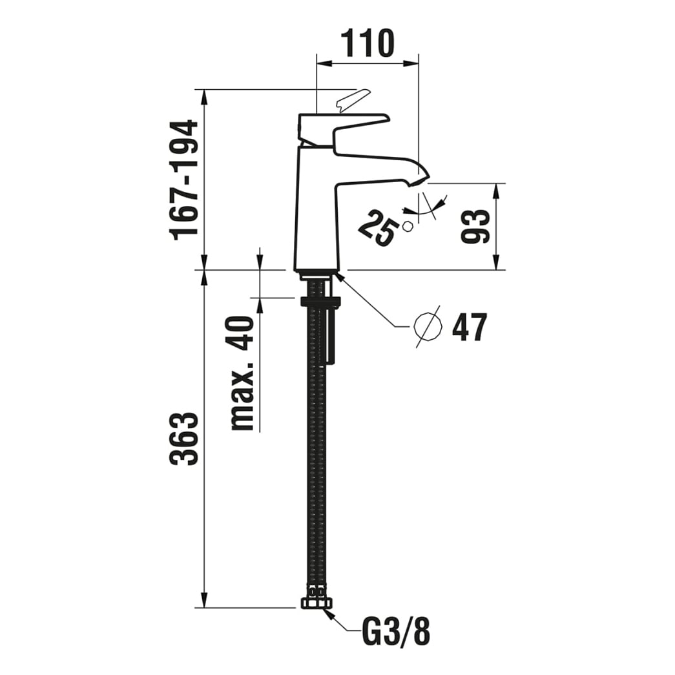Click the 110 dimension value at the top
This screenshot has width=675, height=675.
click(x=367, y=43)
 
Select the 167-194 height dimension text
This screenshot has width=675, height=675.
click(x=184, y=180)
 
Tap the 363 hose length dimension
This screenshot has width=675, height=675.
click(x=184, y=439)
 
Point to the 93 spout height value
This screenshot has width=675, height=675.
click(x=475, y=227)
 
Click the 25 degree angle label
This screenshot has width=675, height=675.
click(x=377, y=228)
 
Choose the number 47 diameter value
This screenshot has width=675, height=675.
click(x=469, y=327)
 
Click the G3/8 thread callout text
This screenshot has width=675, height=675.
click(x=396, y=632)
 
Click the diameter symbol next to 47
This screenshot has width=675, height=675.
click(x=428, y=327)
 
